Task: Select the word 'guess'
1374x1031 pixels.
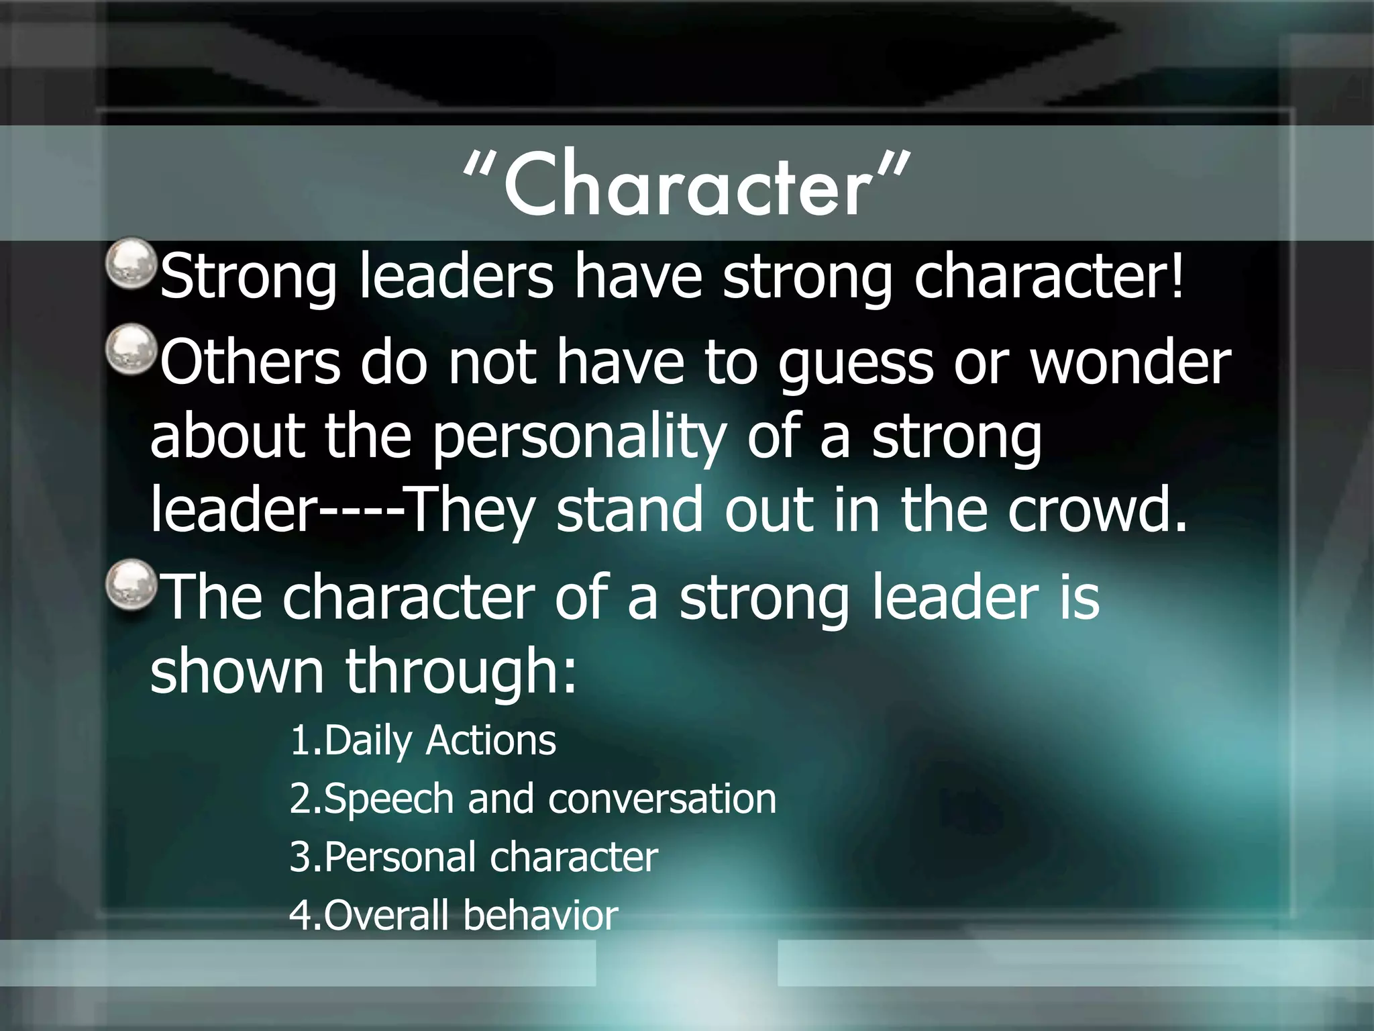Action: pyautogui.click(x=855, y=364)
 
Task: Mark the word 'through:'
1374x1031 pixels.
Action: pyautogui.click(x=461, y=671)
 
